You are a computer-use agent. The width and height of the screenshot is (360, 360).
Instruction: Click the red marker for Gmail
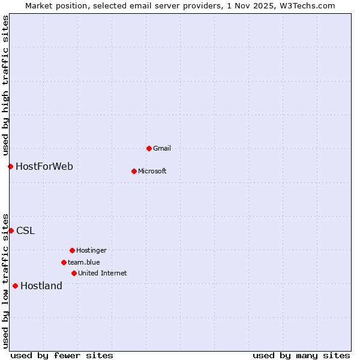[149, 148]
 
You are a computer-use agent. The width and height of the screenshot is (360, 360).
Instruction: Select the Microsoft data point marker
[134, 171]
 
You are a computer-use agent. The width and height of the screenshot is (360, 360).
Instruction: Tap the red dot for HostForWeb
[10, 166]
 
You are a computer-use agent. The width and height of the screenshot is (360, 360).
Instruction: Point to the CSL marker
[11, 230]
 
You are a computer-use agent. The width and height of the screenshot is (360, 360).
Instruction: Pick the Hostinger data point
[72, 250]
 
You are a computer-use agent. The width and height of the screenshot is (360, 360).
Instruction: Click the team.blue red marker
[64, 262]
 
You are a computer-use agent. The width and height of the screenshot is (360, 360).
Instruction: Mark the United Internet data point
[74, 273]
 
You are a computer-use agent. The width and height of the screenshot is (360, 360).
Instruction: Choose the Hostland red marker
[15, 286]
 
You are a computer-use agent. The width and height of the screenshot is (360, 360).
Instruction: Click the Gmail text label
[162, 148]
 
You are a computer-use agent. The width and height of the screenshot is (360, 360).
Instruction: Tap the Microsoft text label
[152, 171]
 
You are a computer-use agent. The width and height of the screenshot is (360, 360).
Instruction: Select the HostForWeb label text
[44, 166]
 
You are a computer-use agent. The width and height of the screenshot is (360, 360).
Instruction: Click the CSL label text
[26, 230]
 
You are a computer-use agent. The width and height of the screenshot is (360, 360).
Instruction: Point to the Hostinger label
[91, 250]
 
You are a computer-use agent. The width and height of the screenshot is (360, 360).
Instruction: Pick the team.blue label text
[84, 262]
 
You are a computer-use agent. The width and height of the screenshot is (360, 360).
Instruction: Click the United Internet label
[103, 273]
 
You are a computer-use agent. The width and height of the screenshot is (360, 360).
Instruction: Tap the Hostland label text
[41, 286]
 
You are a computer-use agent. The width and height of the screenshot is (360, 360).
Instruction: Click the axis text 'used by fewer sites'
[62, 355]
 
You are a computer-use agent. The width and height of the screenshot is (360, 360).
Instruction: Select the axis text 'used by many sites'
[301, 355]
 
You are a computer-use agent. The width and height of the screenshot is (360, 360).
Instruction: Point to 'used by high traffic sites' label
[5, 86]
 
